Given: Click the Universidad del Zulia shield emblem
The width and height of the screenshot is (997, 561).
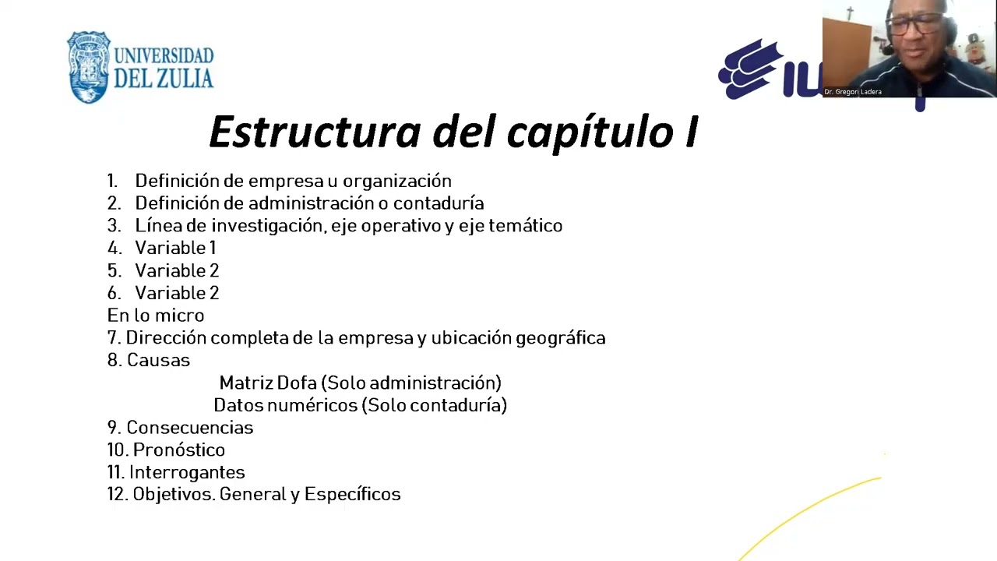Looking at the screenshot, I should click(x=89, y=67).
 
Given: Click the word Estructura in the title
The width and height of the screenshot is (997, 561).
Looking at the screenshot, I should click(x=314, y=132).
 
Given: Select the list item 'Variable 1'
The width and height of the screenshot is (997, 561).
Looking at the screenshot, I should click(x=175, y=248).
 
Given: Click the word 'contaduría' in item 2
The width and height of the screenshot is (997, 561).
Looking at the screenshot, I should click(x=439, y=203).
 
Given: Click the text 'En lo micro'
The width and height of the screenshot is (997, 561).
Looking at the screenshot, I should click(x=156, y=316).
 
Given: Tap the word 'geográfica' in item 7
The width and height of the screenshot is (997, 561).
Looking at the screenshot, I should click(x=561, y=338).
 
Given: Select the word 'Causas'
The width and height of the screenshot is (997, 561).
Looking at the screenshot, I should click(x=158, y=360).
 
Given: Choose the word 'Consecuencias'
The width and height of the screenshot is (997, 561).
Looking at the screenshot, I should click(x=189, y=428).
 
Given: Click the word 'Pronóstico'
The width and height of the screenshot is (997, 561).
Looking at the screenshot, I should click(x=178, y=450).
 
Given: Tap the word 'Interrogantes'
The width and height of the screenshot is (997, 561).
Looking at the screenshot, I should click(x=187, y=472).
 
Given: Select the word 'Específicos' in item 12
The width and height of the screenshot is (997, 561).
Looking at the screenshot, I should click(x=352, y=495).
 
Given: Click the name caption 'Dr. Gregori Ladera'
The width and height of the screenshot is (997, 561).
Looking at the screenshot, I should click(x=853, y=92).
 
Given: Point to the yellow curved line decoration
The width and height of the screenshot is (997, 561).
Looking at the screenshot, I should click(x=810, y=510).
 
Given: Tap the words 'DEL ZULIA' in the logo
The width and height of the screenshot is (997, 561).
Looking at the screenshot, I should click(x=164, y=79).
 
